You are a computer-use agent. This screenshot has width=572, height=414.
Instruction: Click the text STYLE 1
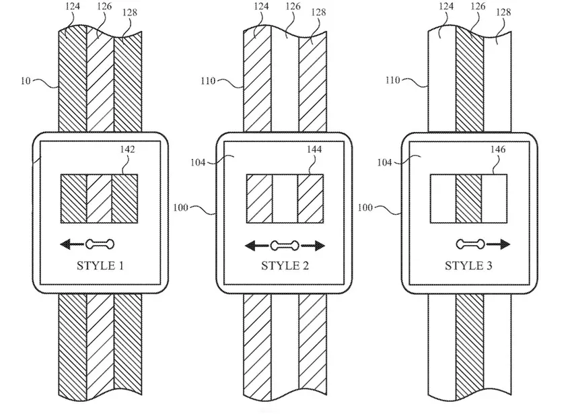pyautogui.click(x=100, y=265)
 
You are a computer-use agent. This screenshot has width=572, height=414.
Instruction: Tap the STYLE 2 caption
pyautogui.click(x=285, y=265)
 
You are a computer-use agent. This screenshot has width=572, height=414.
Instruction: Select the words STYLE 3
pyautogui.click(x=468, y=265)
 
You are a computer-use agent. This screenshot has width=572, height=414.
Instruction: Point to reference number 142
pyautogui.click(x=127, y=149)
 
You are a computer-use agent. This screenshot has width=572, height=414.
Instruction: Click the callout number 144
pyautogui.click(x=314, y=149)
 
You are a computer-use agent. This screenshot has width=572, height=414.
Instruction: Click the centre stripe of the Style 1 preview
pyautogui.click(x=100, y=199)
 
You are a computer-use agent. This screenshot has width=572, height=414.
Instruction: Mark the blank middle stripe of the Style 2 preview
pyautogui.click(x=285, y=199)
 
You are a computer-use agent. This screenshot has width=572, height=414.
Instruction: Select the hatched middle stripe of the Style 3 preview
pyautogui.click(x=468, y=199)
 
